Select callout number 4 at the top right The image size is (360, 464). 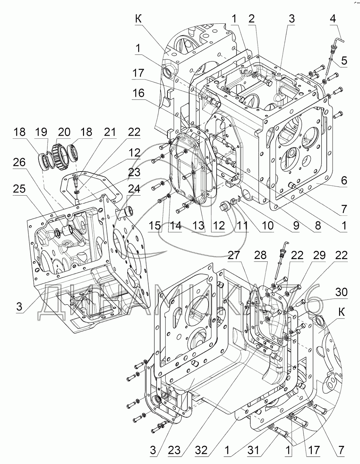(333, 20)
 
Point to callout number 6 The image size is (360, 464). (344, 180)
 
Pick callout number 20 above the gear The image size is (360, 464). (64, 132)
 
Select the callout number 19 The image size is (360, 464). (41, 132)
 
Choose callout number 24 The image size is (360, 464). (134, 189)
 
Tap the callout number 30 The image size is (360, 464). (342, 292)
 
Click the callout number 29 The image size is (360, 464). (319, 255)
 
